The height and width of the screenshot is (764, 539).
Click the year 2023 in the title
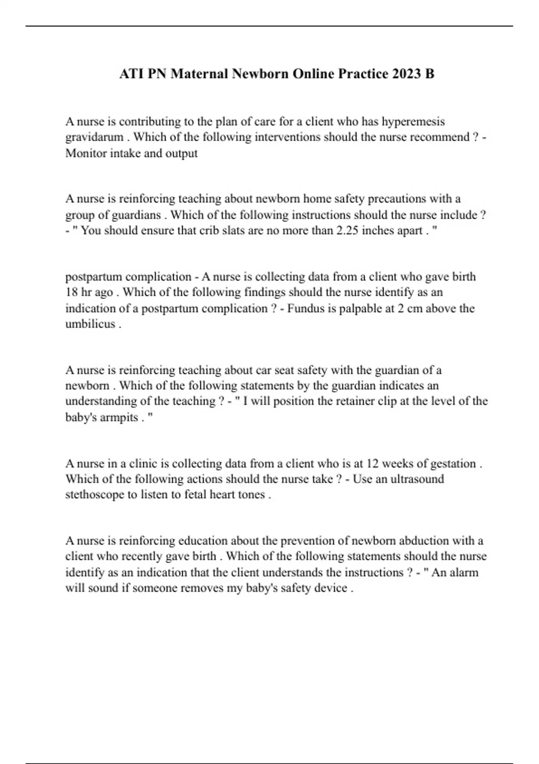(x=406, y=74)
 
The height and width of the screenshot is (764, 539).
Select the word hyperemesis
(x=413, y=122)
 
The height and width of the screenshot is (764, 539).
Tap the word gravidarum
(x=94, y=137)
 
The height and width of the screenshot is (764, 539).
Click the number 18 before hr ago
(x=72, y=293)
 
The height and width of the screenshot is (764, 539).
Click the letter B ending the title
(x=430, y=74)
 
